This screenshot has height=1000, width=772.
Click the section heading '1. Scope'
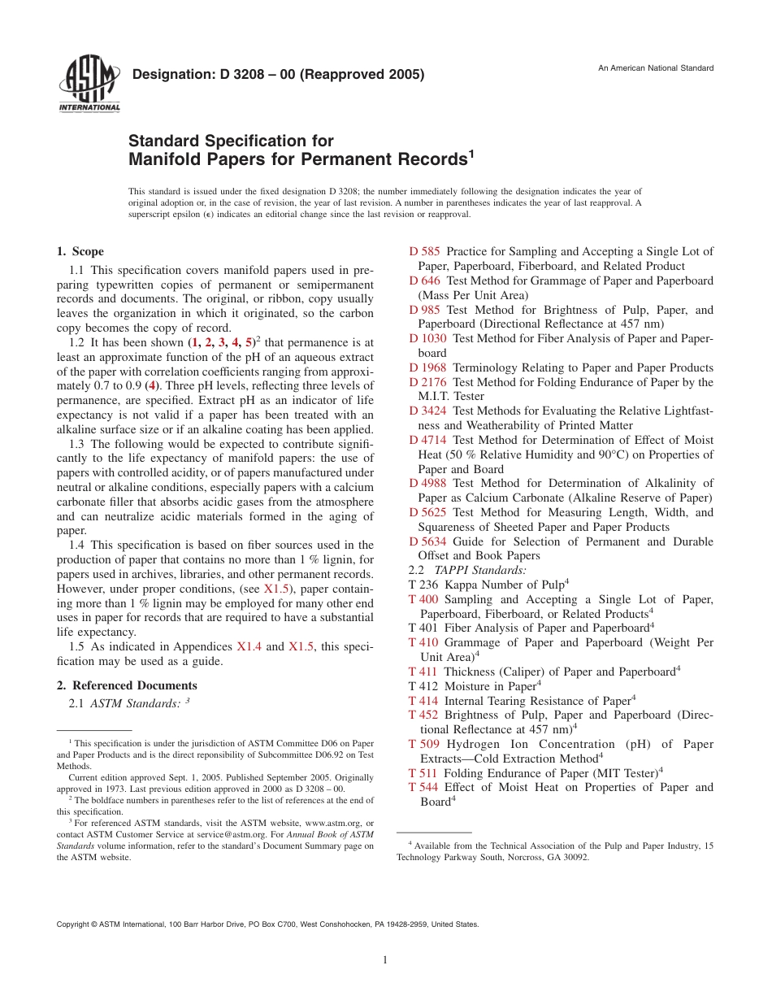pyautogui.click(x=80, y=252)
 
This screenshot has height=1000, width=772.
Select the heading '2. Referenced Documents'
pyautogui.click(x=127, y=685)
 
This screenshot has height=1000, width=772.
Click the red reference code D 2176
pyautogui.click(x=427, y=382)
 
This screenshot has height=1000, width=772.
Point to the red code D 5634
pyautogui.click(x=427, y=541)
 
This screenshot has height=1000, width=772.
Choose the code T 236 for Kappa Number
pyautogui.click(x=423, y=585)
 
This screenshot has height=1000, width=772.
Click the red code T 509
pyautogui.click(x=423, y=744)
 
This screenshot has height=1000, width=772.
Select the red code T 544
pyautogui.click(x=423, y=787)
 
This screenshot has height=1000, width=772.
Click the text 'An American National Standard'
pyautogui.click(x=656, y=67)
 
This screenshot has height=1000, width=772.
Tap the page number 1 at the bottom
pyautogui.click(x=385, y=960)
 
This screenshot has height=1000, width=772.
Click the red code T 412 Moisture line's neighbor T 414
pyautogui.click(x=423, y=701)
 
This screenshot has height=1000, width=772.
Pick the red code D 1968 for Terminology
pyautogui.click(x=427, y=367)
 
